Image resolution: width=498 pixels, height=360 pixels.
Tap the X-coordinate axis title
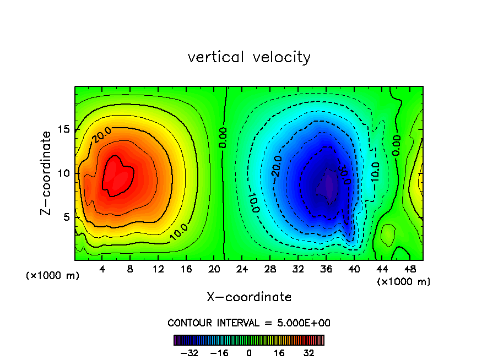(249, 297)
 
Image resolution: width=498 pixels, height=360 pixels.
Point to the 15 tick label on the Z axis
(64, 129)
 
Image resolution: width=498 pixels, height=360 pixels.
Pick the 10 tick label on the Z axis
(64, 173)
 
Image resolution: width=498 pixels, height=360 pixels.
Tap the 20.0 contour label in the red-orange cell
(102, 134)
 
